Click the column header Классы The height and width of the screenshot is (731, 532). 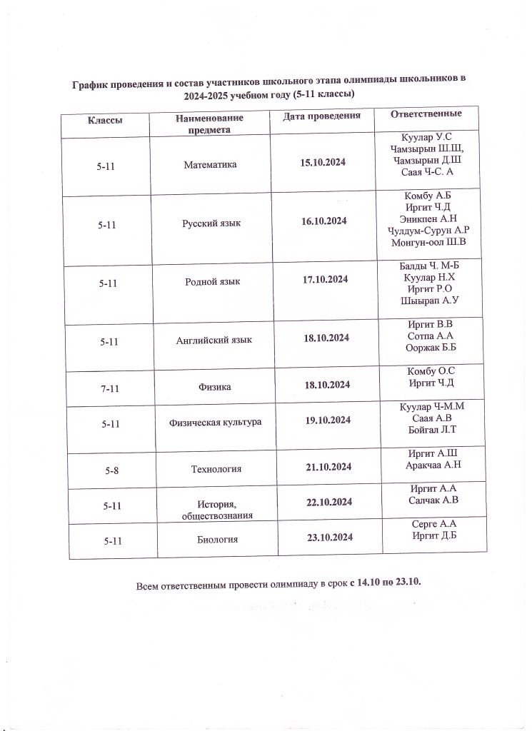pos(104,120)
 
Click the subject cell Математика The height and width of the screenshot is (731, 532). pos(210,164)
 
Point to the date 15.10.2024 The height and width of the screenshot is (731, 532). pos(323,163)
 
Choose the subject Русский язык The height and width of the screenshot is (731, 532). pos(211,223)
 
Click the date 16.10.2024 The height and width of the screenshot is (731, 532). pos(324,222)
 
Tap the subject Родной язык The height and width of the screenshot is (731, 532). pos(212,281)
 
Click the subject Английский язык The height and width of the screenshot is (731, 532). pos(214,340)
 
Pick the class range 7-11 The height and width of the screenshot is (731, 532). pos(109,387)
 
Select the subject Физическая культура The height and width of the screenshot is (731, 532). pos(215,422)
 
